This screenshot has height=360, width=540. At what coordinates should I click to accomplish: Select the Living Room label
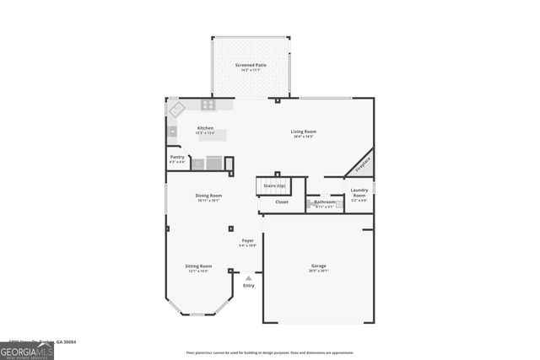pos(304,132)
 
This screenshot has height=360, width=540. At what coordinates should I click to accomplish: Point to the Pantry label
pos(177,157)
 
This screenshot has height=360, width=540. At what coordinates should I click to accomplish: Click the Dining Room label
pos(209,196)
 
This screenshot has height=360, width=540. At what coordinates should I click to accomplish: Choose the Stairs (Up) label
pos(274,185)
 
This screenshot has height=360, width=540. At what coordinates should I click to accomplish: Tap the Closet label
pos(282,201)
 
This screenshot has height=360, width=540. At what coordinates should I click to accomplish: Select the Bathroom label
pos(325,201)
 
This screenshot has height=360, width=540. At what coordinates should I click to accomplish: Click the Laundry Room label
pos(359,191)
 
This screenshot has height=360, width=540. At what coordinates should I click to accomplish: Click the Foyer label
pos(248,240)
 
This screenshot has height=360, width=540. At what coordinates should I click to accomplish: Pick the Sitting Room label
pos(199,266)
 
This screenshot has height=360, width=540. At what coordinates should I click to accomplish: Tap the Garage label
pos(318,266)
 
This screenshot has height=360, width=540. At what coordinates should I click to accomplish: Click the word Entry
pos(248,286)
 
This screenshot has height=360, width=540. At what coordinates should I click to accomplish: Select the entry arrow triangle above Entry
pos(248,278)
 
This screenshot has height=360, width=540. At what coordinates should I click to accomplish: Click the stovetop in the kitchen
pos(208,105)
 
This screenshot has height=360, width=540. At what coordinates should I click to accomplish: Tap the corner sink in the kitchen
pos(176,109)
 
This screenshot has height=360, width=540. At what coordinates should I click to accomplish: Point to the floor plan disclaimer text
pos(269,352)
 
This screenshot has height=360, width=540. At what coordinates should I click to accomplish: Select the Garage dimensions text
pos(318,271)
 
